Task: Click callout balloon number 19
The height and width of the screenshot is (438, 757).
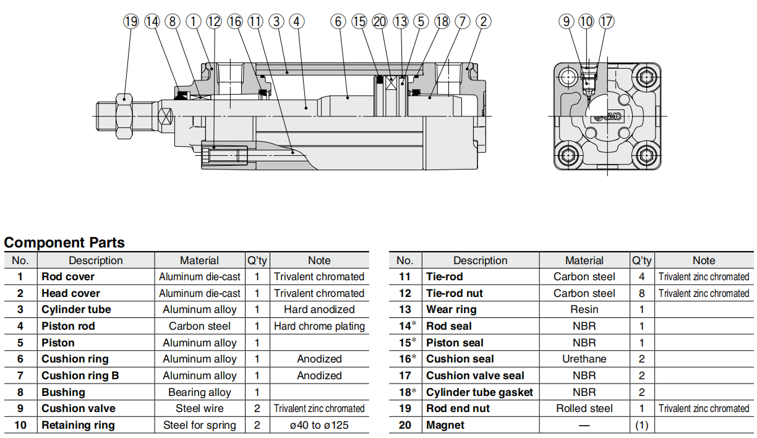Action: [x=131, y=22]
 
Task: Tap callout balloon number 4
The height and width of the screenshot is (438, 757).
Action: [x=297, y=22]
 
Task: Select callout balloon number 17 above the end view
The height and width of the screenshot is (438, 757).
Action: [x=607, y=22]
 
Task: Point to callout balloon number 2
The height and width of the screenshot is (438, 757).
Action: [x=484, y=22]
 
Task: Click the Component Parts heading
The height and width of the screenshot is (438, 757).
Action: [x=64, y=243]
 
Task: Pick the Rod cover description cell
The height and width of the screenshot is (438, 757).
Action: [x=68, y=277]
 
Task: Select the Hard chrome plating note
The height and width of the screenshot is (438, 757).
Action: [x=319, y=326]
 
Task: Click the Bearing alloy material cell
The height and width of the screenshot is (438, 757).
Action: [x=199, y=392]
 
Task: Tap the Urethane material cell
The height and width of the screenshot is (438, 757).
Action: [x=584, y=359]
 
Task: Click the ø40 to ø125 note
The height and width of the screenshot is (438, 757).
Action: [x=319, y=425]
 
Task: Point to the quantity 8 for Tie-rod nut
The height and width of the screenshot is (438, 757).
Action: [x=642, y=293]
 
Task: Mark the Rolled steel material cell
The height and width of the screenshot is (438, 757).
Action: [x=584, y=408]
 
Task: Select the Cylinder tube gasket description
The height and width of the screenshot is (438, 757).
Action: [x=479, y=392]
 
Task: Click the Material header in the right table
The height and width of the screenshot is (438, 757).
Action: [x=584, y=260]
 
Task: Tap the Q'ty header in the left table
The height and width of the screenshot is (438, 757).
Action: [x=257, y=260]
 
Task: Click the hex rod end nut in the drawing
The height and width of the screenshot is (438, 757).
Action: [x=124, y=115]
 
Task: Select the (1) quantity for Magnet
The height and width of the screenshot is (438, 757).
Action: [x=642, y=425]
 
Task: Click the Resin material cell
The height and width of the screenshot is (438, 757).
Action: [x=584, y=309]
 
